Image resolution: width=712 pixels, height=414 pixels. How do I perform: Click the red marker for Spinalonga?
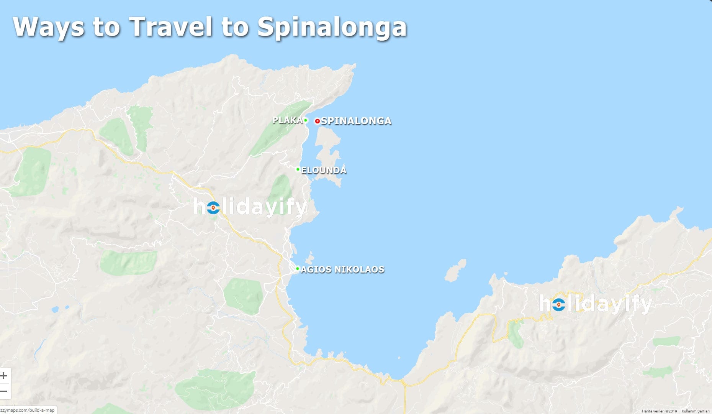(317, 121)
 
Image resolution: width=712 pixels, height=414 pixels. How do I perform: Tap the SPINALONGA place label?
(356, 121)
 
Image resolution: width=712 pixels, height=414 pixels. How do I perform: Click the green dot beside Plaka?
(306, 120)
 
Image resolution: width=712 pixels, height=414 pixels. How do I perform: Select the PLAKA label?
(287, 120)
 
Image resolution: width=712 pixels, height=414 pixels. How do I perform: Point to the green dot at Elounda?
(298, 169)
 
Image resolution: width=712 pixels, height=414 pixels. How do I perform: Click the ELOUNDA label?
(324, 170)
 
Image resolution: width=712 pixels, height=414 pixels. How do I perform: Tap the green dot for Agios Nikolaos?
(298, 268)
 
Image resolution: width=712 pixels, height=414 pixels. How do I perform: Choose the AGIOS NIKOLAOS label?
(342, 269)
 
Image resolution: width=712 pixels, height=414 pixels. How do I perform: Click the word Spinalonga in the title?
(332, 27)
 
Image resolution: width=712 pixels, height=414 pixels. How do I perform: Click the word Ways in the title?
(49, 27)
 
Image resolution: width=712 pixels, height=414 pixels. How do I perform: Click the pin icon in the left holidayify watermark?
(213, 208)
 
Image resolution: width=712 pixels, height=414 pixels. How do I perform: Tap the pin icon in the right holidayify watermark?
(559, 304)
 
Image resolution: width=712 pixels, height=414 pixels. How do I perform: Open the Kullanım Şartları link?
(696, 411)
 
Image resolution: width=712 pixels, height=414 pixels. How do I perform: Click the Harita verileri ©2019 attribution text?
(659, 411)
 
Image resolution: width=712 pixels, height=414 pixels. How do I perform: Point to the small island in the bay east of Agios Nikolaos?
(456, 270)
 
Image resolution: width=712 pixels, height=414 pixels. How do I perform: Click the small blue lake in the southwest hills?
(55, 309)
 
